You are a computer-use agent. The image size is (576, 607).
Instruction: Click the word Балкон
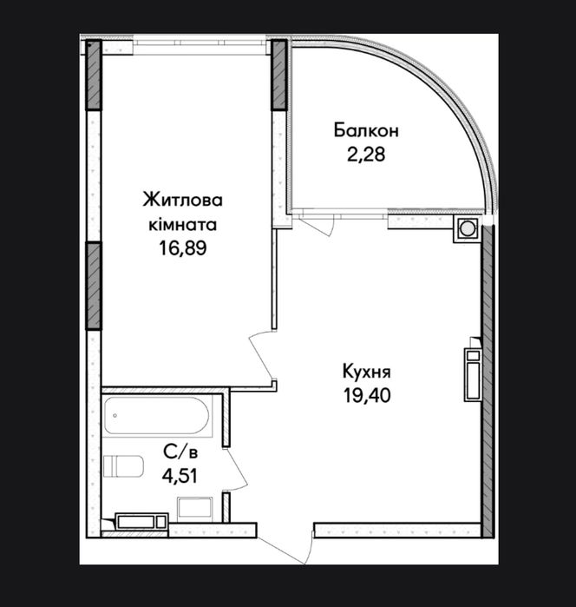(366, 130)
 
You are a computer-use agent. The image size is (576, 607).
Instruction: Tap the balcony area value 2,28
(366, 155)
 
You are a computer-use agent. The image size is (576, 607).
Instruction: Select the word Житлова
(182, 201)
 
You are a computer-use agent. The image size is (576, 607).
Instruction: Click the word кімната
(182, 225)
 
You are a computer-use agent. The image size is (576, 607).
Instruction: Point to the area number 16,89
(182, 248)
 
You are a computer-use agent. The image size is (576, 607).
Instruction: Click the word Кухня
(367, 372)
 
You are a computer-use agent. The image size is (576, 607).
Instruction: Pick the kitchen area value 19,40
(367, 395)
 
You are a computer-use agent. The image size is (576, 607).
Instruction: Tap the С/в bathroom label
(180, 452)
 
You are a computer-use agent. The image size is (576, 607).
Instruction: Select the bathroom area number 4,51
(180, 476)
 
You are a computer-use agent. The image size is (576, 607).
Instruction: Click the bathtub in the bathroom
(157, 415)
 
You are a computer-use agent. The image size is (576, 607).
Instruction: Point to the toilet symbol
(123, 466)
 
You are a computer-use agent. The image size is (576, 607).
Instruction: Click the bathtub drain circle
(115, 416)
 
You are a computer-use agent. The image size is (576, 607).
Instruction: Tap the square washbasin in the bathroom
(194, 509)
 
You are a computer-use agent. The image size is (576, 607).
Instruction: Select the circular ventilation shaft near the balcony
(468, 228)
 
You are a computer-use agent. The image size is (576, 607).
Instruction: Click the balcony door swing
(313, 224)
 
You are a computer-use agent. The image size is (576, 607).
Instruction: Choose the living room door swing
(261, 354)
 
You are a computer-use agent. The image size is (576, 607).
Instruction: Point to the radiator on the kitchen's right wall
(473, 374)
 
